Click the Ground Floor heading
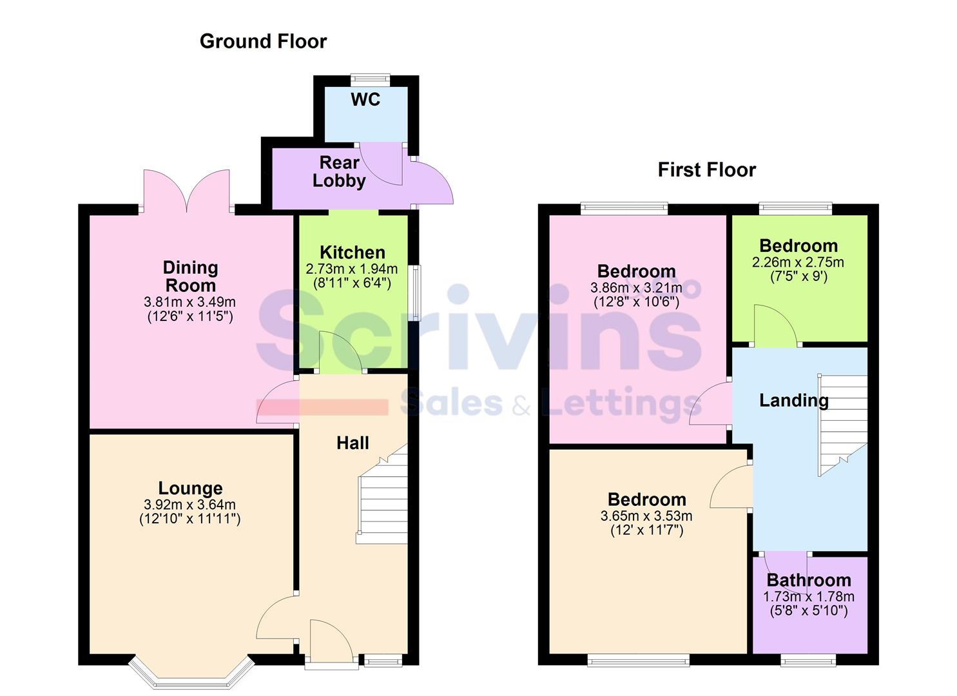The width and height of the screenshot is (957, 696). click(263, 41)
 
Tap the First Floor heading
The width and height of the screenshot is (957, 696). click(706, 169)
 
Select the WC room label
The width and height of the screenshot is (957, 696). click(365, 99)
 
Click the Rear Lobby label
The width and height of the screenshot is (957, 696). click(339, 171)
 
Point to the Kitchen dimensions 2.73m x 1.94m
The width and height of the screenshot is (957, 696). click(352, 269)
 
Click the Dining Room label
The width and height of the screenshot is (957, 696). click(190, 276)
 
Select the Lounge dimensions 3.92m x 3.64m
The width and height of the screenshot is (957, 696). click(190, 505)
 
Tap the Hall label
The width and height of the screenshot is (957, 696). click(353, 443)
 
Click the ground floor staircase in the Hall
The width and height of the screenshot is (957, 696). click(383, 496)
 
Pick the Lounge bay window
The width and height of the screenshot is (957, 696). click(190, 673)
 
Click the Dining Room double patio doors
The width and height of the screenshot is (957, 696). click(187, 192)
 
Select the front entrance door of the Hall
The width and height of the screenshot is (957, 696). click(331, 644)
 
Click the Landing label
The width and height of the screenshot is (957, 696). click(793, 400)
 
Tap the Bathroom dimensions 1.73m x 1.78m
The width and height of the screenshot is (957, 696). click(809, 597)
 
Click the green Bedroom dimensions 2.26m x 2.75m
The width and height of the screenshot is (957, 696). click(798, 262)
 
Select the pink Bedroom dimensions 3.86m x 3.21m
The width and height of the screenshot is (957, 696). click(636, 288)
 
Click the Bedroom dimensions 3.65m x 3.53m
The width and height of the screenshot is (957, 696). click(646, 516)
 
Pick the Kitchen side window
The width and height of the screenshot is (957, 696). click(417, 293)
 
